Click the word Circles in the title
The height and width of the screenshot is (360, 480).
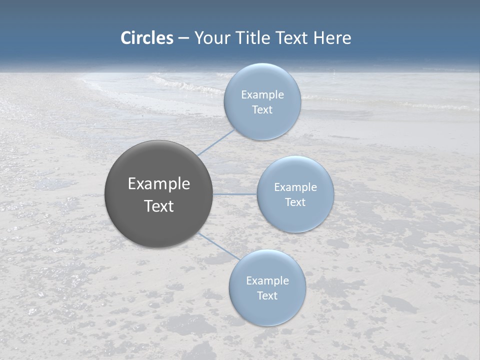click(147, 38)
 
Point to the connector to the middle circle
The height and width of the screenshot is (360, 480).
click(234, 194)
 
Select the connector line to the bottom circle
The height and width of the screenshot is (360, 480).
click(218, 245)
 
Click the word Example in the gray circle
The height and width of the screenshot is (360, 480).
click(159, 184)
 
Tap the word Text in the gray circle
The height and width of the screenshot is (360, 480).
click(159, 206)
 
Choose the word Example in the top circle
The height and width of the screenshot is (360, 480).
click(262, 94)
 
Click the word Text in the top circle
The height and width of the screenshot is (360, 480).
click(262, 109)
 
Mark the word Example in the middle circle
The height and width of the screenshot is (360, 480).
click(295, 187)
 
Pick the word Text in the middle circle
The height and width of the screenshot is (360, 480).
click(295, 202)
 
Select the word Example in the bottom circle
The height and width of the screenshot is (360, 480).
click(267, 280)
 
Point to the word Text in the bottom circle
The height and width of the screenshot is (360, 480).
click(267, 295)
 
